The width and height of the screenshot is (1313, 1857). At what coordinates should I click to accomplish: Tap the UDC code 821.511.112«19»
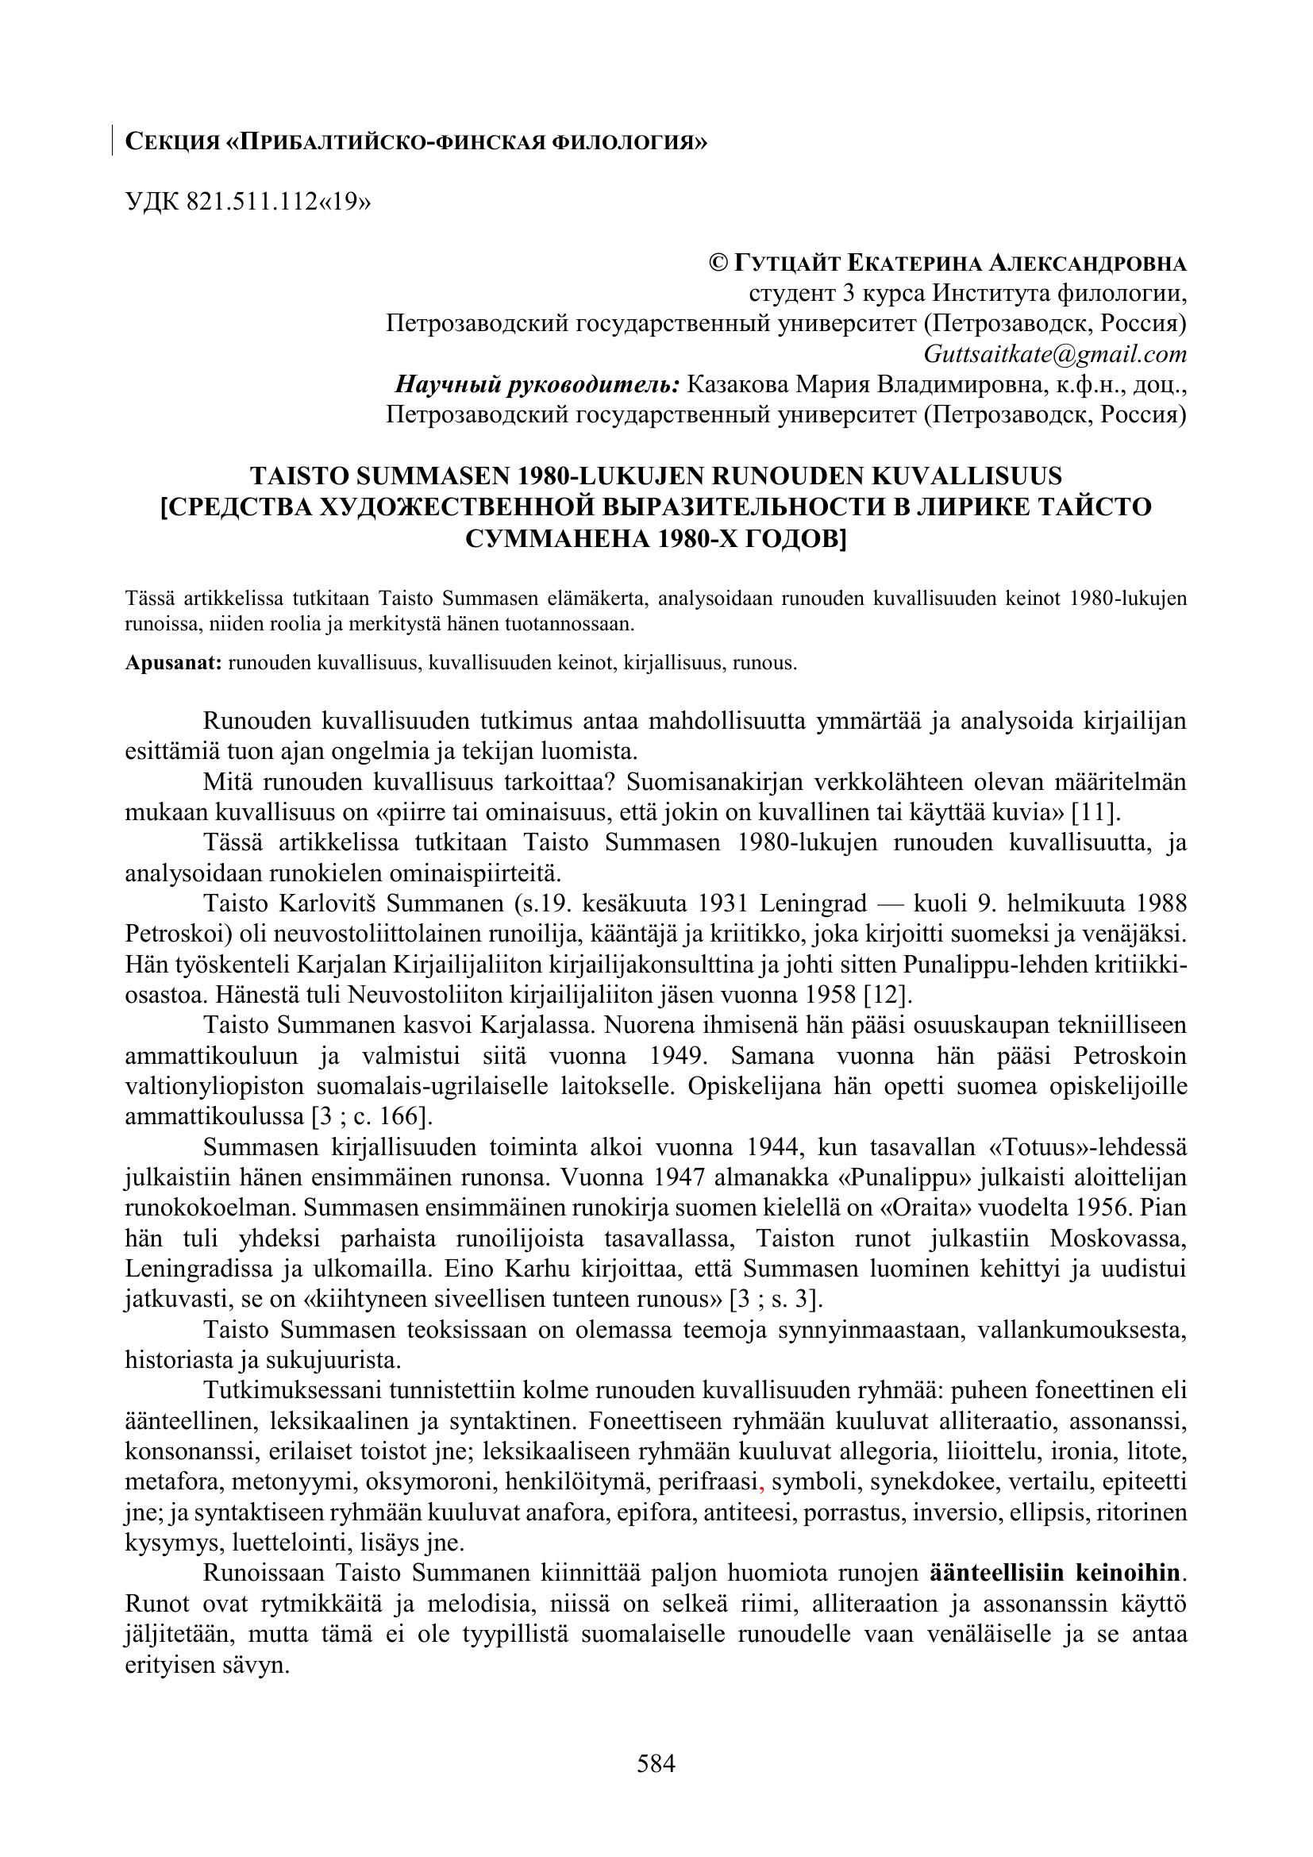coord(279,202)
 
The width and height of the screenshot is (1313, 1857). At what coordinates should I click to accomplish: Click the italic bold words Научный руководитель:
coord(537,384)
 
